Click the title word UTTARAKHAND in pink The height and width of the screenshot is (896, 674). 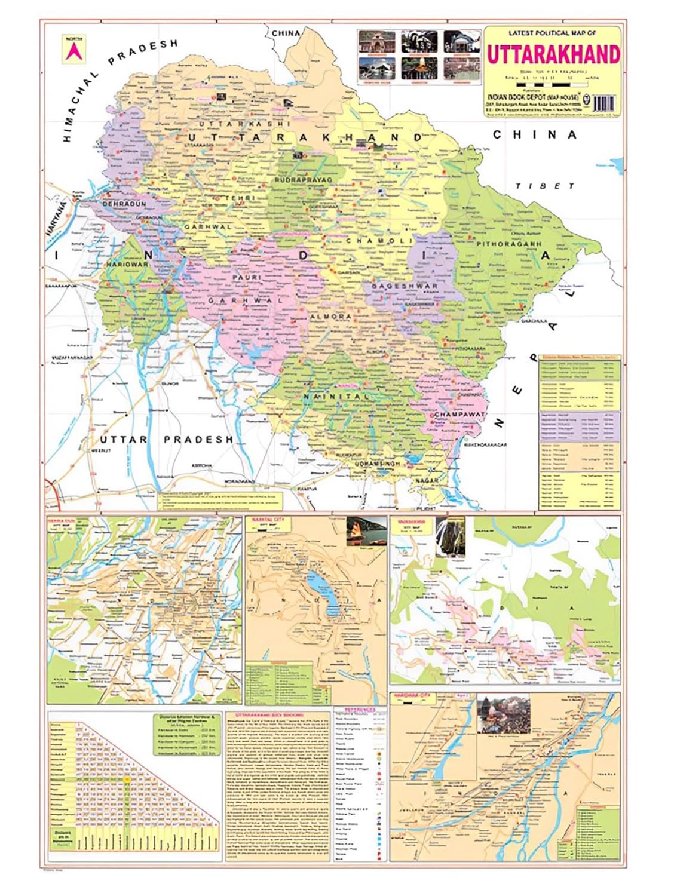tap(553, 54)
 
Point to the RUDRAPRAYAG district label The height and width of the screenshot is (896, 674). tap(302, 179)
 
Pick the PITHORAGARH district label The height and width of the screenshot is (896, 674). tap(508, 244)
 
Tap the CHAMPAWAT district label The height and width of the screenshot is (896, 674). tap(459, 415)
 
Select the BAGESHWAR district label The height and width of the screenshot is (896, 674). tap(405, 286)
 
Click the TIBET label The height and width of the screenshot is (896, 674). tap(544, 186)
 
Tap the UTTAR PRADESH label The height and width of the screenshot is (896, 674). tap(166, 440)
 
